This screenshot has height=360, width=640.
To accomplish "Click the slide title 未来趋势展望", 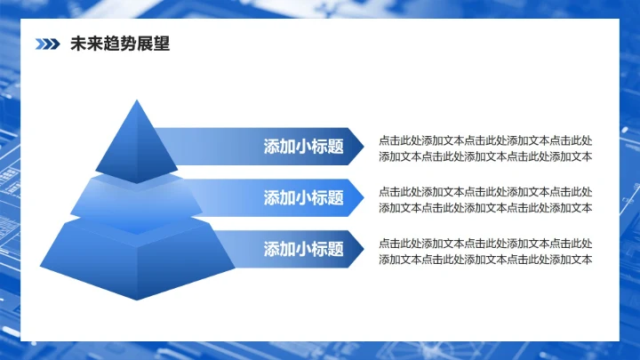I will click(119, 44).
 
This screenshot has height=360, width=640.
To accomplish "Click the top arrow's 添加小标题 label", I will click(303, 147).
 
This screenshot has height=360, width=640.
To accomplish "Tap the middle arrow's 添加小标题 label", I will click(303, 197).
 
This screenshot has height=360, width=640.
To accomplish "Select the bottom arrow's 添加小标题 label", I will click(303, 249).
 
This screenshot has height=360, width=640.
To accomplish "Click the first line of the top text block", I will click(485, 140).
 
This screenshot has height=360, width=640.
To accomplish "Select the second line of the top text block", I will click(485, 156).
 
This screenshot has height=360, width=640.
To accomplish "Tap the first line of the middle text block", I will click(485, 191).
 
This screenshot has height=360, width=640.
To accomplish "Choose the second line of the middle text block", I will click(485, 208).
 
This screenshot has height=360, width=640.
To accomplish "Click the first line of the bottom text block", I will click(485, 243).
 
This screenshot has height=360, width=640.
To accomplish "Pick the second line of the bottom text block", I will click(485, 260).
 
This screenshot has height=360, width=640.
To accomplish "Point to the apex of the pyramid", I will click(137, 101).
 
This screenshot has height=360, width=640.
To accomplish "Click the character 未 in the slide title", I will click(77, 44).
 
